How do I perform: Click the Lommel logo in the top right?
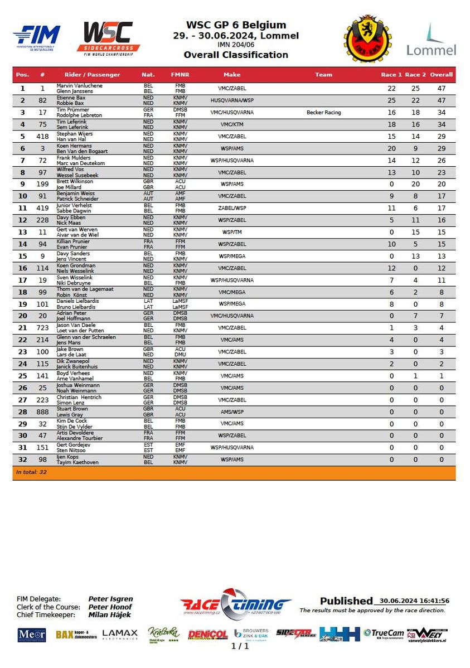tap(431, 40)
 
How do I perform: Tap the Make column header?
tap(232, 75)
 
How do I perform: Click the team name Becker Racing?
tap(323, 113)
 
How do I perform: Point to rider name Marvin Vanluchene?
tap(80, 86)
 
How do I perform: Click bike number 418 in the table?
tap(42, 137)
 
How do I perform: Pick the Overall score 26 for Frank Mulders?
tap(441, 161)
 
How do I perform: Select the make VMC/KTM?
tap(232, 124)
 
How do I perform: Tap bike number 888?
tap(42, 412)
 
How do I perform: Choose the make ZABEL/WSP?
tap(232, 209)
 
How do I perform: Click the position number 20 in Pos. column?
tap(23, 316)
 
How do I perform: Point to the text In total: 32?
tap(32, 472)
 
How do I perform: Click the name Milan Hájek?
tap(110, 614)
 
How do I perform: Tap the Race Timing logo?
tap(235, 604)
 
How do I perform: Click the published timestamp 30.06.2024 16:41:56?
tap(414, 601)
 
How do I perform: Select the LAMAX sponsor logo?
tap(120, 634)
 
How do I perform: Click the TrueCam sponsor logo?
tap(383, 633)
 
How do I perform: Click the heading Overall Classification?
tap(236, 55)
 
